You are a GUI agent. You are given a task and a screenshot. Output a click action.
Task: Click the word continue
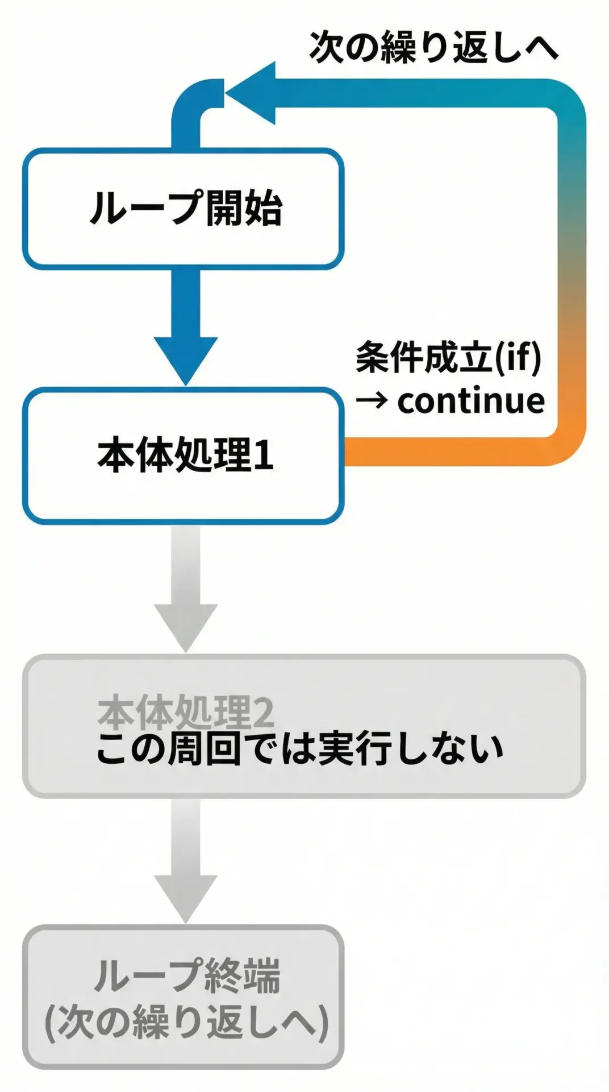pos(470,401)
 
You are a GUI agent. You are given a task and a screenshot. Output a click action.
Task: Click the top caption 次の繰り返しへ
pos(433,47)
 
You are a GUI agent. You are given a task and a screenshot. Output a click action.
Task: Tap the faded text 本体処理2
pos(185,712)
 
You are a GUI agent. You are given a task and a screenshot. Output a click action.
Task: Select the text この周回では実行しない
pos(300,749)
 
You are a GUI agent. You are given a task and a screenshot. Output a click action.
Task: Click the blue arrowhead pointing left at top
pos(253,93)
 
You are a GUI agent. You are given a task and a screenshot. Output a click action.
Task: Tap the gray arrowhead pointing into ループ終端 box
pos(185,895)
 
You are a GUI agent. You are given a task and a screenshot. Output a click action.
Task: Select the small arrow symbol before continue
pos(372,402)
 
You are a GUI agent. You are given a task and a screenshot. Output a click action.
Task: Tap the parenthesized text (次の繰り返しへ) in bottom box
pos(186,1022)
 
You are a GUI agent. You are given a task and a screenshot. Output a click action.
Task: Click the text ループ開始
pos(185,208)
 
